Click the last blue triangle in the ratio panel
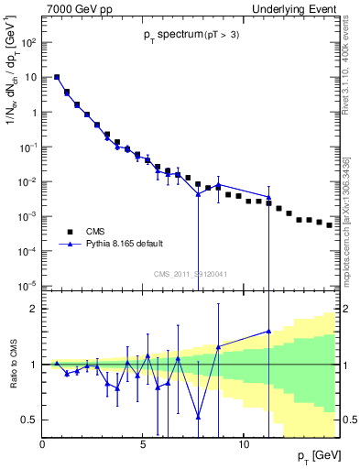[x=268, y=332]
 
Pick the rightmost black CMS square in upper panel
[x=329, y=224]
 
